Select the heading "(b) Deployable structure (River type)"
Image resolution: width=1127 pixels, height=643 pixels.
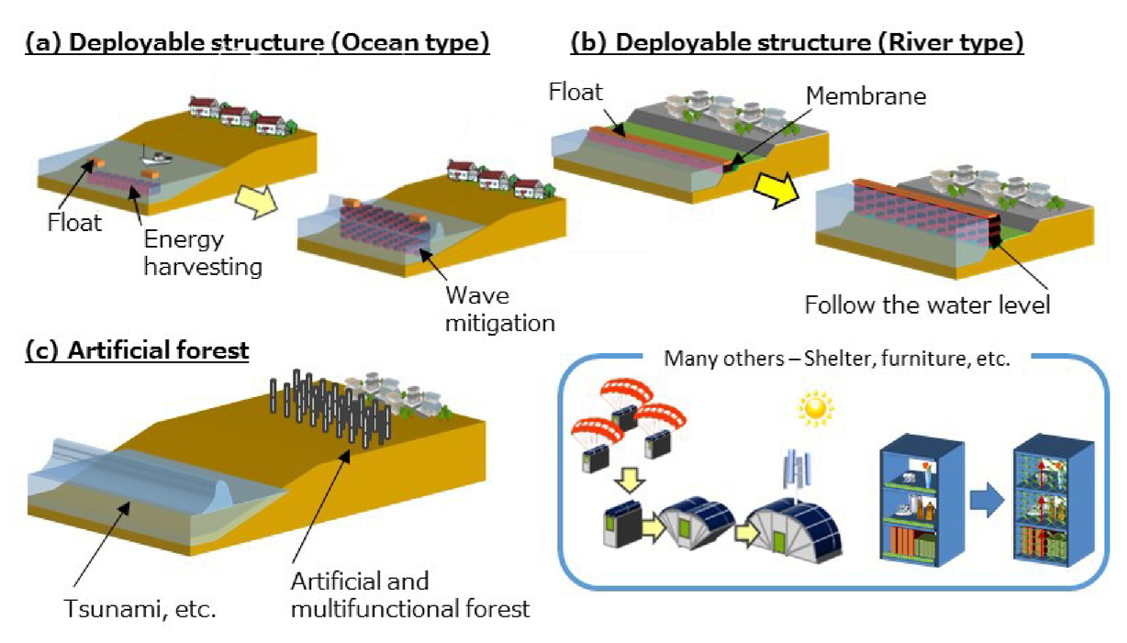(x=797, y=42)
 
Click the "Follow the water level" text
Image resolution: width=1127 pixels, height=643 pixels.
(x=928, y=304)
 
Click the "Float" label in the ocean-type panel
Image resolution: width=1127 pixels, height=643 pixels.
(x=76, y=222)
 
